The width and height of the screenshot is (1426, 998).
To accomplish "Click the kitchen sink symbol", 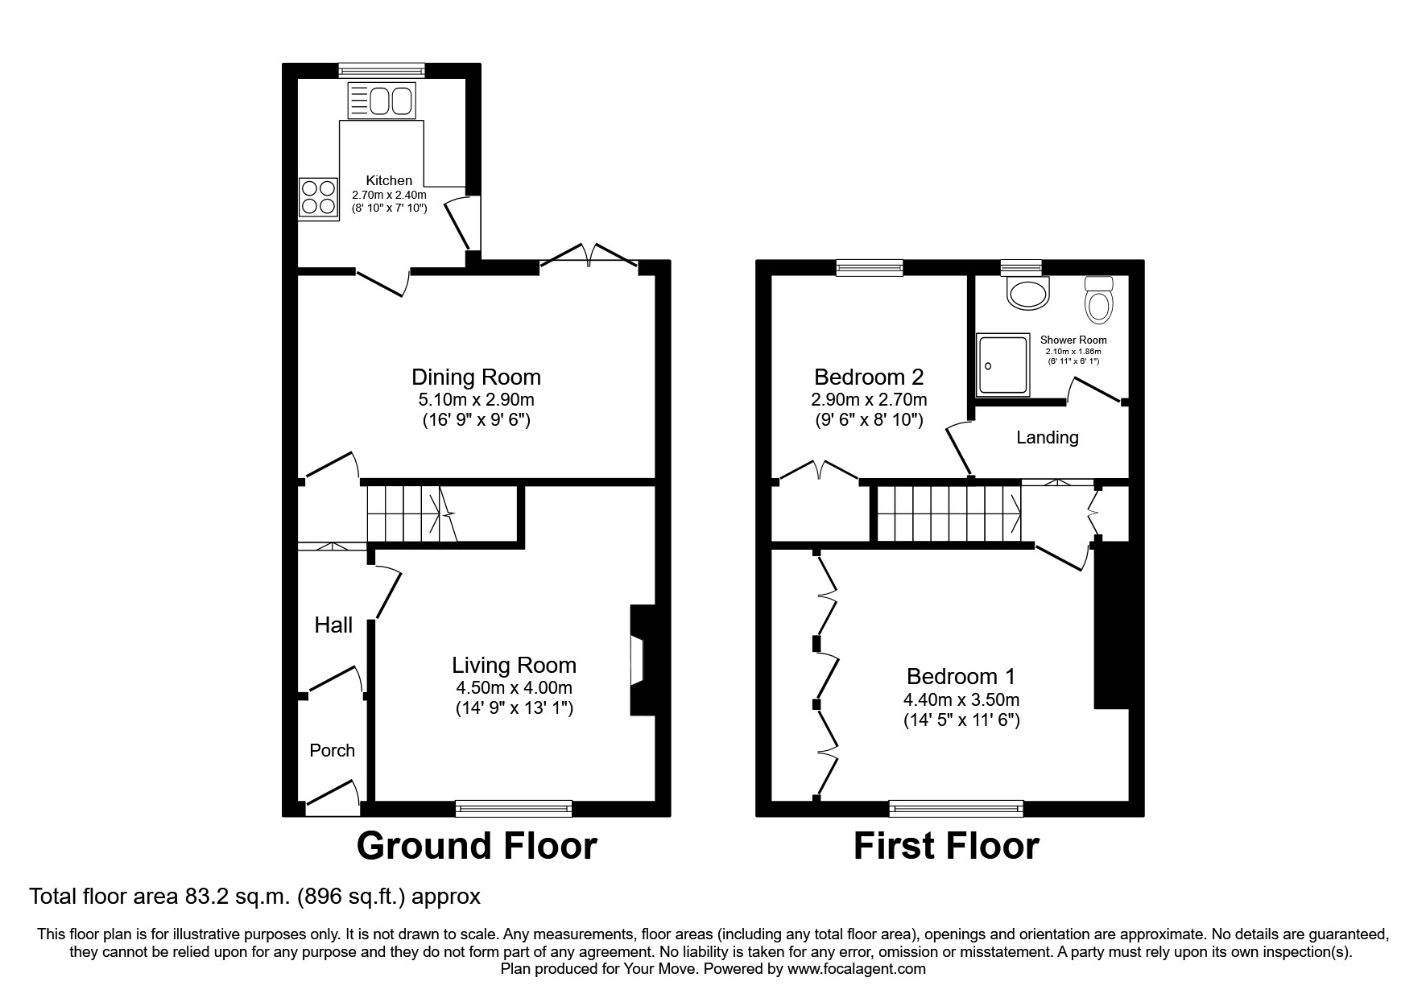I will (381, 101).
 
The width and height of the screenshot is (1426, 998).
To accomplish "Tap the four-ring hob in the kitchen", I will (317, 197).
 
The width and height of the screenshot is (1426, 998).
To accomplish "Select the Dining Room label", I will (476, 377).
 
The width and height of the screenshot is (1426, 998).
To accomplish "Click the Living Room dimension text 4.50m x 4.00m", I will (514, 687).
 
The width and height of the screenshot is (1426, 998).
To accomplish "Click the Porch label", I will (332, 750).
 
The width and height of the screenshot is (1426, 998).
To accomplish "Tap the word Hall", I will (333, 625).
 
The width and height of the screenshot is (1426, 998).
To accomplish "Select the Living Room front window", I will (514, 807).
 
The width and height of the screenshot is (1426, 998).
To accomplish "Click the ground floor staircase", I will (411, 513).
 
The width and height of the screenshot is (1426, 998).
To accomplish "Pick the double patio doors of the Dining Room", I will (590, 256).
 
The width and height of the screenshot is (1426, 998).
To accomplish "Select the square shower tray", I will (1003, 365).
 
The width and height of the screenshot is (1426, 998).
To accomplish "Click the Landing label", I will (1047, 437).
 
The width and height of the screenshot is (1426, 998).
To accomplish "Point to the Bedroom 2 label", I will (868, 377).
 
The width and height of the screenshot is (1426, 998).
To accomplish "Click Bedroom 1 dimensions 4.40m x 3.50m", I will (961, 699).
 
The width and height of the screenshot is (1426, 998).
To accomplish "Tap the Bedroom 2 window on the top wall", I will (870, 268).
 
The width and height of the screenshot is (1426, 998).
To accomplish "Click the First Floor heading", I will (946, 847).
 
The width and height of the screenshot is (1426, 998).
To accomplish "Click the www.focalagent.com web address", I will (857, 969).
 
